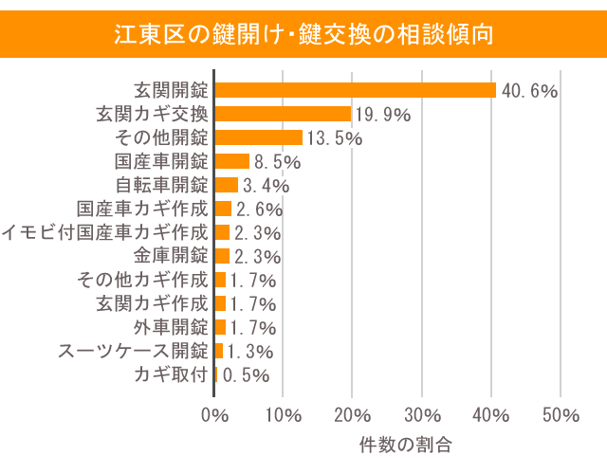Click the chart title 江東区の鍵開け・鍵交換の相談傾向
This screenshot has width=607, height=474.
pos(303,34)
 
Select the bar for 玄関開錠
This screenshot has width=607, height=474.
pos(356,90)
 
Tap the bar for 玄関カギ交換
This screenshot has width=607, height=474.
pos(284,114)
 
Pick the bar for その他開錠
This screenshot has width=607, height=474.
pos(259,137)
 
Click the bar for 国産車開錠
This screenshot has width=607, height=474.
pos(232,161)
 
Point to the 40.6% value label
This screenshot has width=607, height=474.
pos(529,91)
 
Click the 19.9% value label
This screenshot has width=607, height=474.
pos(383,115)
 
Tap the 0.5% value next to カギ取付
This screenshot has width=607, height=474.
pos(246,375)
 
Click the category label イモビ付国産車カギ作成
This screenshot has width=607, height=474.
pos(104,232)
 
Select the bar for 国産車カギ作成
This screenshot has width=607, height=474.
pos(224,209)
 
